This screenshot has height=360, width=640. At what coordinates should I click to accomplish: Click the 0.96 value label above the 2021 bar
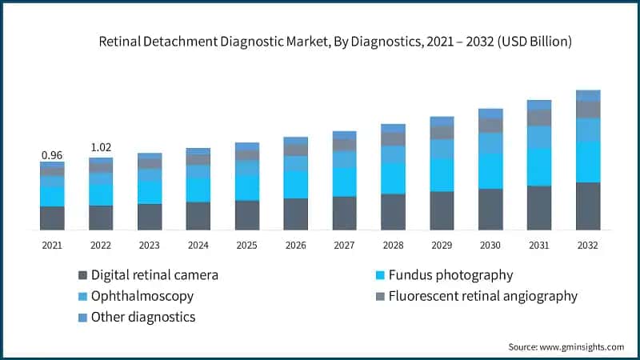52,155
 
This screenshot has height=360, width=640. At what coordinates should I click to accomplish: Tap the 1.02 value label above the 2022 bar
101,148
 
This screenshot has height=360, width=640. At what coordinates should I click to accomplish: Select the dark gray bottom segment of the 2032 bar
588,206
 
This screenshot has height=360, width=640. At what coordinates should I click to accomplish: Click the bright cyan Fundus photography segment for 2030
490,170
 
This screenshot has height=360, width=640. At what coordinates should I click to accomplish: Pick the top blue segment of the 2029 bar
442,122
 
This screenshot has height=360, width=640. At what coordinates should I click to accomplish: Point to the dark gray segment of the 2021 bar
52,218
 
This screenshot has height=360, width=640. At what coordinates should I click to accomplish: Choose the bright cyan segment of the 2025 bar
247,187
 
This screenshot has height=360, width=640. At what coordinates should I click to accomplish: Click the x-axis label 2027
344,246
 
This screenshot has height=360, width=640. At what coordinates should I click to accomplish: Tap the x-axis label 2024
198,246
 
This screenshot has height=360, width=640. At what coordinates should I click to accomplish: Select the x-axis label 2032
588,246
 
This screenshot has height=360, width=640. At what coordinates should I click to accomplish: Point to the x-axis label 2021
52,246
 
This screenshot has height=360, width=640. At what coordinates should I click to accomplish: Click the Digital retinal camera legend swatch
82,275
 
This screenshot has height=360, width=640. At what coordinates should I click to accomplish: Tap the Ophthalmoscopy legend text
142,296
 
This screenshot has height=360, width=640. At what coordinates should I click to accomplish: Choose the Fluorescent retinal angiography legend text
482,296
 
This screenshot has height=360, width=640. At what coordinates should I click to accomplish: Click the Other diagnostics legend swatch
82,318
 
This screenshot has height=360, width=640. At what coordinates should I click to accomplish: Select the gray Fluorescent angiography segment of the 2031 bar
539,118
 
